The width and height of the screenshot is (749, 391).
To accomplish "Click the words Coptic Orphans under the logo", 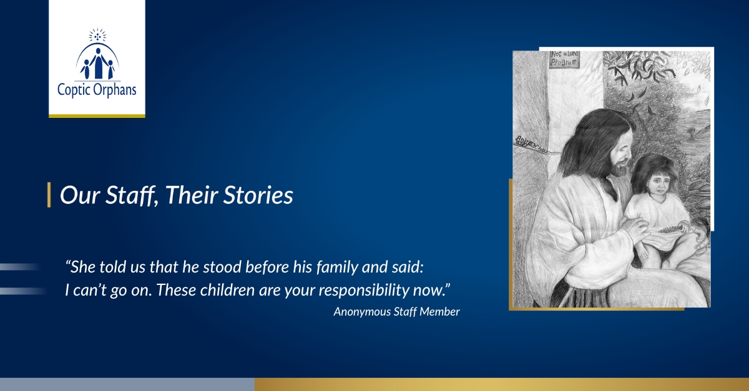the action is coord(97,90).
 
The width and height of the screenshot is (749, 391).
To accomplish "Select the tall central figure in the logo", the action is coord(97,64).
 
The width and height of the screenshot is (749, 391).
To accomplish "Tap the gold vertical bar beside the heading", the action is coord(49,195).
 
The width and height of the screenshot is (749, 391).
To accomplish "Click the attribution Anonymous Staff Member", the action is coord(396,312).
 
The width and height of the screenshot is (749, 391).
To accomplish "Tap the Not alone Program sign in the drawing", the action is coord(564,59).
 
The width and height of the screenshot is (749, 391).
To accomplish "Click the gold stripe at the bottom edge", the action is coord(502,385).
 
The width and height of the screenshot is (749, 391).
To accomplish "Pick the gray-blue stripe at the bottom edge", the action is coord(127,385).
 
